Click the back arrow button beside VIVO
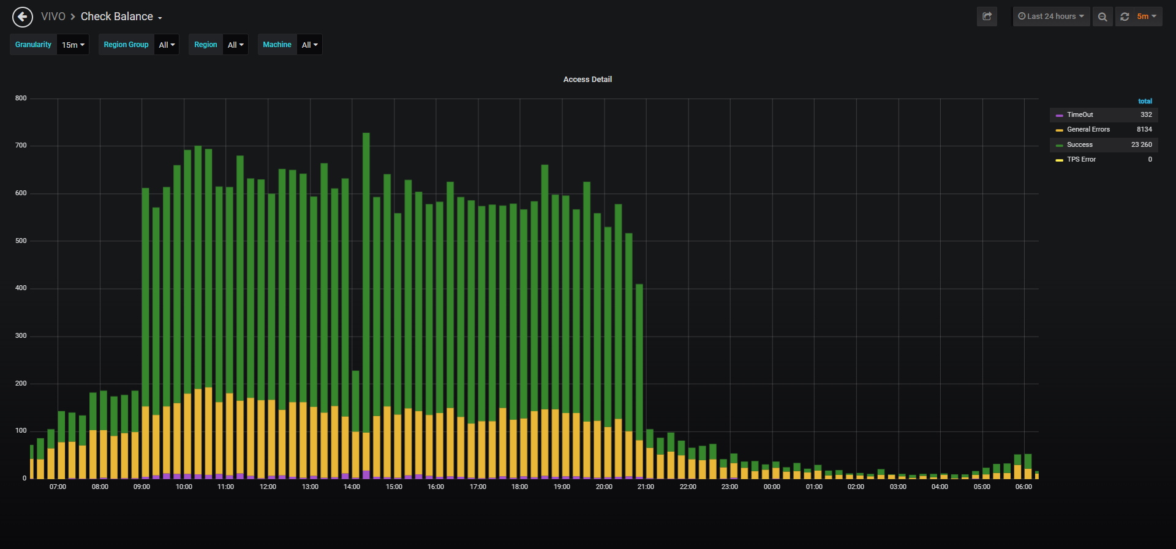tap(23, 17)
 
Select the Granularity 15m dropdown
tap(73, 45)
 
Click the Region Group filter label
tap(126, 45)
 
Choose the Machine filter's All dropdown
tap(309, 45)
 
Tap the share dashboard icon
tap(987, 17)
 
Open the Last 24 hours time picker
tap(1051, 17)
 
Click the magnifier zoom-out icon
tap(1102, 17)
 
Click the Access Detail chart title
tap(587, 80)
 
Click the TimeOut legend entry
tap(1079, 114)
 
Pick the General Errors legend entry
tap(1088, 129)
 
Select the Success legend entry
tap(1079, 144)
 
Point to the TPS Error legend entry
tap(1081, 159)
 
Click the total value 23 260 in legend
tap(1142, 144)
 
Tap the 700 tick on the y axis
tap(21, 146)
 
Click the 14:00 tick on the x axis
tap(352, 487)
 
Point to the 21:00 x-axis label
tap(646, 487)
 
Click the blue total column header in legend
tap(1145, 101)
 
